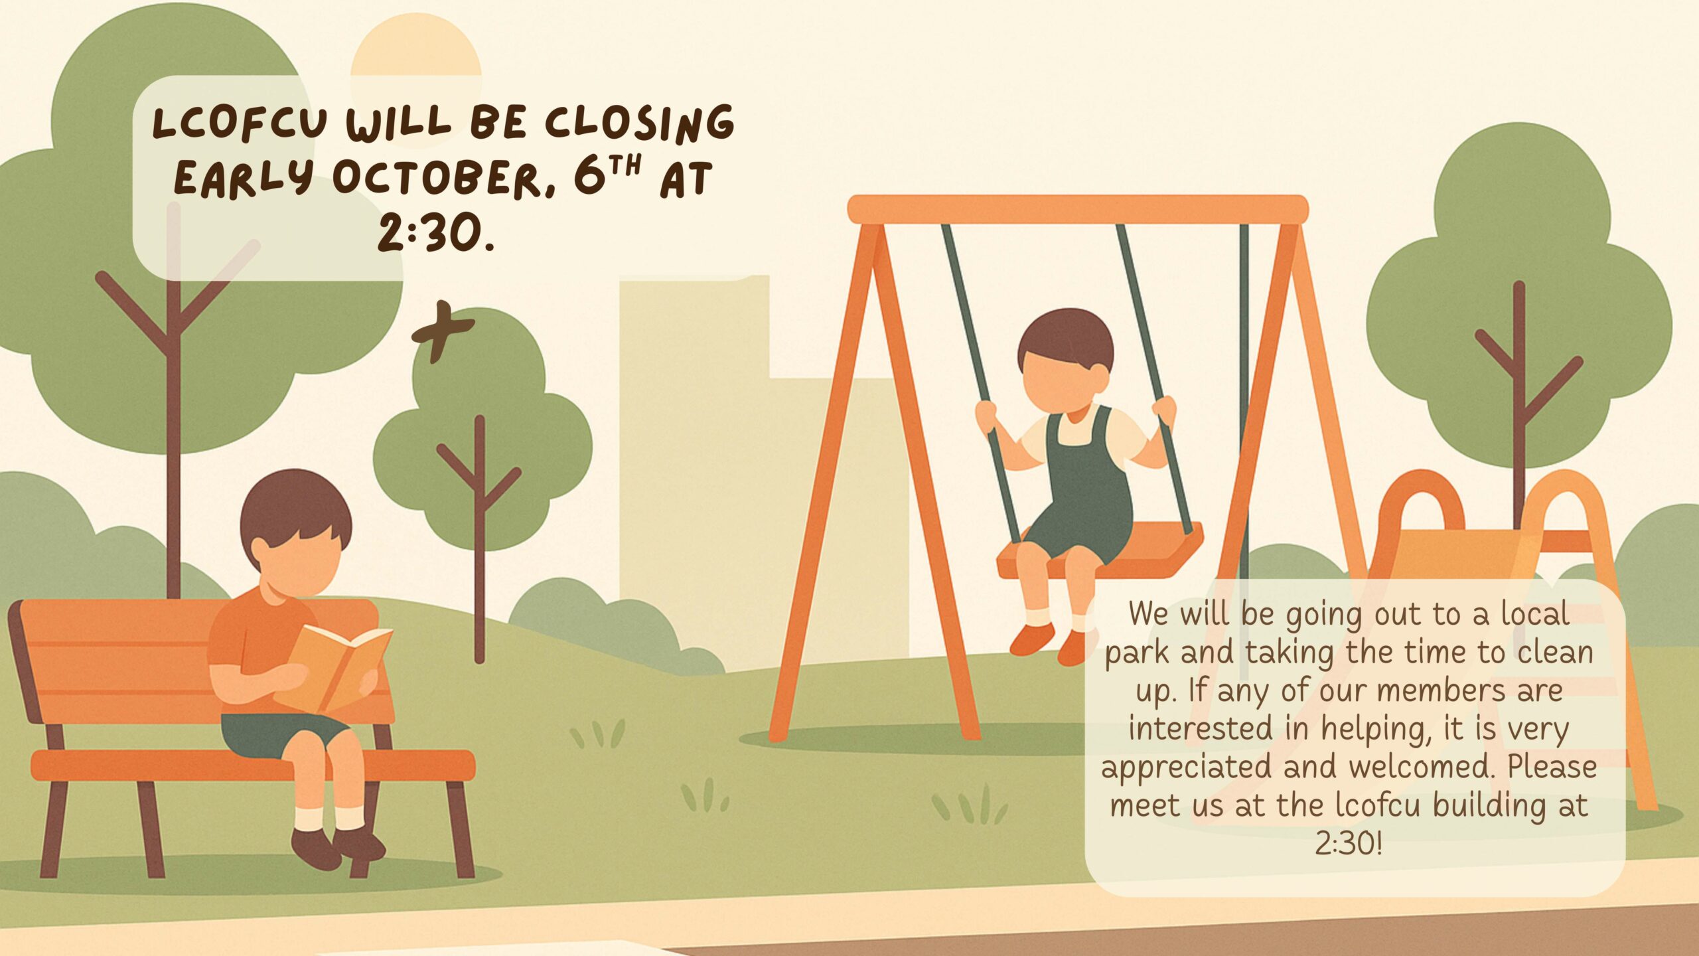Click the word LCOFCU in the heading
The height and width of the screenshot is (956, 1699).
point(240,124)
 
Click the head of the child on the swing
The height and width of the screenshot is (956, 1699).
point(1065,362)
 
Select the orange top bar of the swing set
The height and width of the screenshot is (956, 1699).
point(1078,209)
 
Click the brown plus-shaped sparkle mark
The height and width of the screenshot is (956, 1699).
point(442,331)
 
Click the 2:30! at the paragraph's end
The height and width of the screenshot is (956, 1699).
point(1349,844)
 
